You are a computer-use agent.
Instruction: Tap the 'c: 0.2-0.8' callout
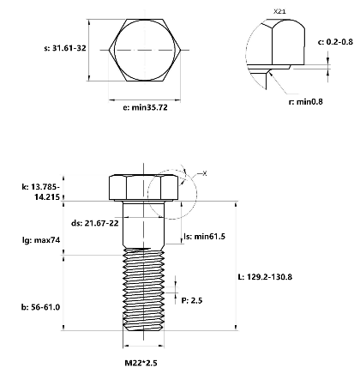(x=333, y=41)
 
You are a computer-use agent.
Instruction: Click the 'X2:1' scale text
(x=279, y=11)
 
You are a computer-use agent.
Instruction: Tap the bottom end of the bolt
(x=142, y=327)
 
